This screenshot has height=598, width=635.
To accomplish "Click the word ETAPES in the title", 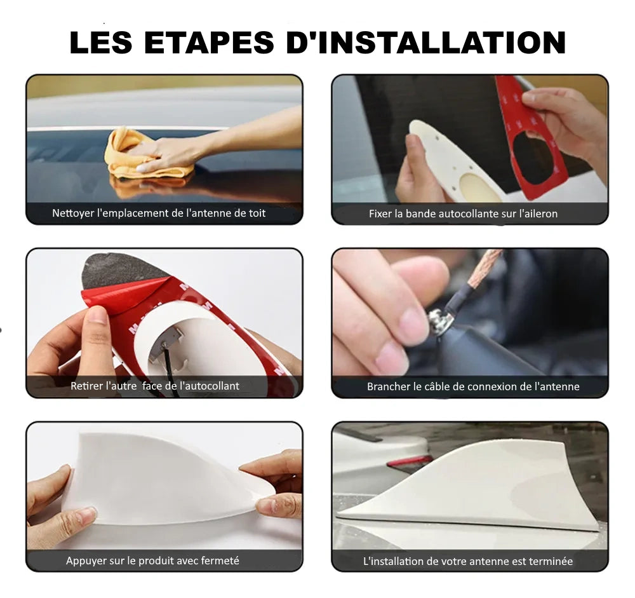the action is pos(209,42).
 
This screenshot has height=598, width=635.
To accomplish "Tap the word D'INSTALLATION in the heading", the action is pos(425,42).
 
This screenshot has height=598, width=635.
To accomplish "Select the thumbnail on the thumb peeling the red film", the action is pos(97,315).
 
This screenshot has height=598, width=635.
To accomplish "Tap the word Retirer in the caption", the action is pos(84,386).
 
